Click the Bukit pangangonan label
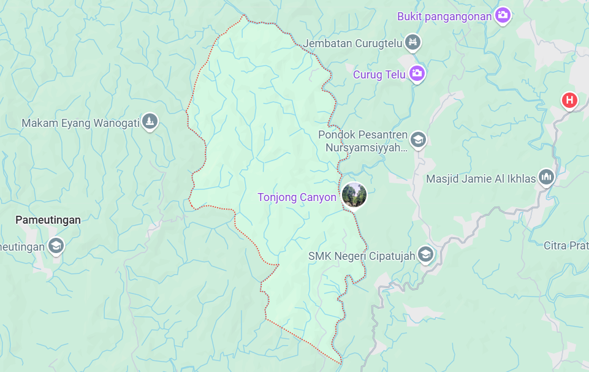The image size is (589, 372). pyautogui.click(x=444, y=17)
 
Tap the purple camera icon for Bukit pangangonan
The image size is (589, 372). pyautogui.click(x=503, y=15)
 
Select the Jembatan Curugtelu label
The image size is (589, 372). pyautogui.click(x=354, y=44)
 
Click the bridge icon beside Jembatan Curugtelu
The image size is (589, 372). pyautogui.click(x=415, y=43)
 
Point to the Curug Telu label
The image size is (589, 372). pyautogui.click(x=379, y=75)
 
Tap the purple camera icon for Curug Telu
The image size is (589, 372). pyautogui.click(x=417, y=74)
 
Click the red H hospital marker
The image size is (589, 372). pyautogui.click(x=569, y=100)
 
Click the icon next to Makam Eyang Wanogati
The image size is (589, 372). pyautogui.click(x=150, y=122)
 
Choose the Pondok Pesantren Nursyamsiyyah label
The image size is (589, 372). pyautogui.click(x=363, y=141)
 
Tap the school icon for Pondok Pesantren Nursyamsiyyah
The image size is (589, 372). pyautogui.click(x=418, y=140)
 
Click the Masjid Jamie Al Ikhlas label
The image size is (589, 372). pyautogui.click(x=481, y=179)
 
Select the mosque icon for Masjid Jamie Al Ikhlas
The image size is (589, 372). pyautogui.click(x=546, y=178)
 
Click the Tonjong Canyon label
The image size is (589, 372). pyautogui.click(x=297, y=197)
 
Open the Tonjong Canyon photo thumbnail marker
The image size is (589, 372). pyautogui.click(x=354, y=195)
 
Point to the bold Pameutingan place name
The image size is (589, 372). pyautogui.click(x=48, y=220)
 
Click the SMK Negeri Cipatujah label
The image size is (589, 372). pyautogui.click(x=362, y=255)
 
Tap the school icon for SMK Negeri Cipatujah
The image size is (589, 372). pyautogui.click(x=425, y=254)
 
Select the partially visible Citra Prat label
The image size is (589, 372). pyautogui.click(x=566, y=246)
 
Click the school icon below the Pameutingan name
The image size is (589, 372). pyautogui.click(x=56, y=246)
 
